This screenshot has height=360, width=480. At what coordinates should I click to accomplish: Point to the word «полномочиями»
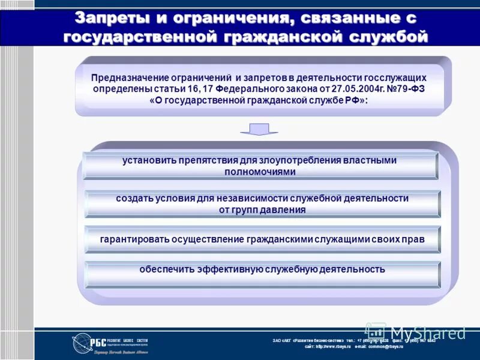[260, 172]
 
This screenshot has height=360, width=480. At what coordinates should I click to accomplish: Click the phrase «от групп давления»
[262, 210]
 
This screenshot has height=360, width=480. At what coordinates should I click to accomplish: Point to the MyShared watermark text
[427, 332]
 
